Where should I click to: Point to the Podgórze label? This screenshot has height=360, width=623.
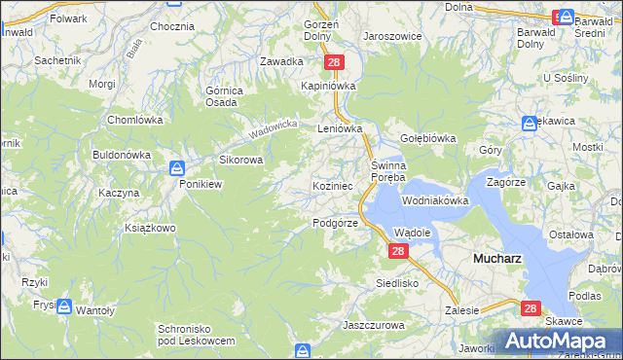tap(336, 223)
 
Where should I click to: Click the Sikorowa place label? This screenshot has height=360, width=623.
tap(240, 161)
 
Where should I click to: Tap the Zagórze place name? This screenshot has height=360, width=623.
tap(506, 182)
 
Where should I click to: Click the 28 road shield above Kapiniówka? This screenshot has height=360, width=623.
tap(335, 62)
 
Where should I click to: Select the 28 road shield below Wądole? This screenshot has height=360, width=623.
tap(397, 251)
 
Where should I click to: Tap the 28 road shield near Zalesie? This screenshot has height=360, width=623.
tap(531, 308)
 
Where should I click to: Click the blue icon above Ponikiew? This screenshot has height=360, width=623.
tap(176, 166)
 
